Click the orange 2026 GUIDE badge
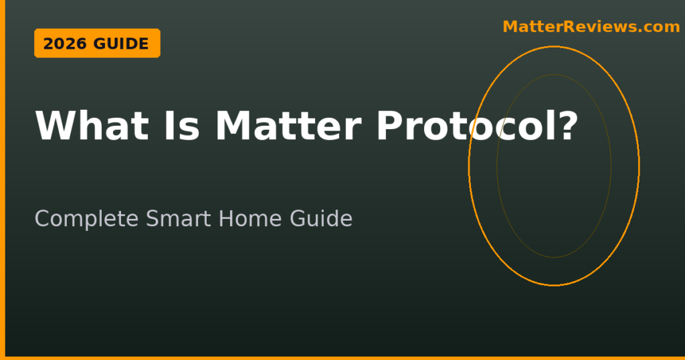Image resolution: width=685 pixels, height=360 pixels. pos(97,43)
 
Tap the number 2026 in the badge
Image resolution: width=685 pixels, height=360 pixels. pos(65,43)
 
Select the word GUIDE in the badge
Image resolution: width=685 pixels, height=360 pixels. pos(121,43)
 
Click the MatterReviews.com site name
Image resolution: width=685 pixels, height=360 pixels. pos(591,27)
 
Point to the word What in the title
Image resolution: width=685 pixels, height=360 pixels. pos(92,126)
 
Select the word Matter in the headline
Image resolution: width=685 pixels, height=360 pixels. pos(288,126)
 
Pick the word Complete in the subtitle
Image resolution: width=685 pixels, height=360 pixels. pos(86,219)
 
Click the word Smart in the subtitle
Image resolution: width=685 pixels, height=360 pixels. pos(179,218)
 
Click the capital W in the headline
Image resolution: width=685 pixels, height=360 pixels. pos(56,126)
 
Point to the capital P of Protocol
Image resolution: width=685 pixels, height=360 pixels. pos(390,126)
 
